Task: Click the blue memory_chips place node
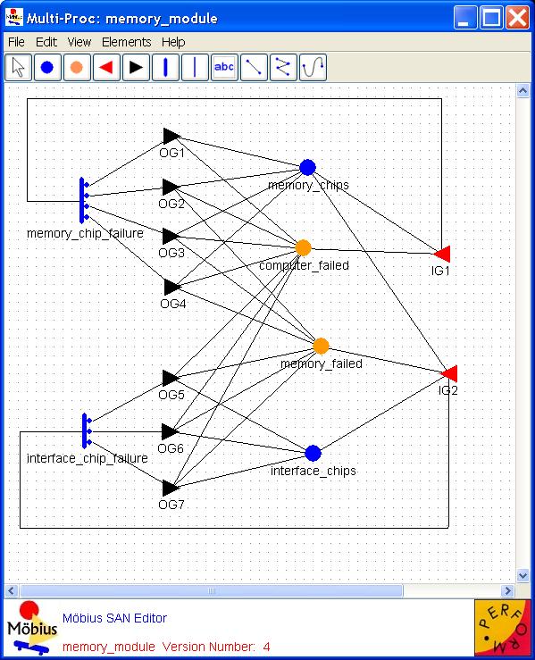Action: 308,167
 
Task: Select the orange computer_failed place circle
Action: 303,248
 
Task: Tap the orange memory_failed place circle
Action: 322,346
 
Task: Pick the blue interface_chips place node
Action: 313,454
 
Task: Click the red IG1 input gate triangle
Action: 442,254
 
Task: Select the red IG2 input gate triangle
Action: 448,373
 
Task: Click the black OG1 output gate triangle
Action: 171,136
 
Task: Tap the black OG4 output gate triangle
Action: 172,287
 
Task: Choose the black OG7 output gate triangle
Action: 171,488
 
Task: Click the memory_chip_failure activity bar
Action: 82,200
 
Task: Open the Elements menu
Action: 126,42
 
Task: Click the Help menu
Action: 173,42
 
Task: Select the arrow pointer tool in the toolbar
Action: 18,67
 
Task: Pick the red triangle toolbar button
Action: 106,67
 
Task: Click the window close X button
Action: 518,18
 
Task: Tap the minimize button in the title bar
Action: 465,18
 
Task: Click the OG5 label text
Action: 171,395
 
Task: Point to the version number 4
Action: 266,647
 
